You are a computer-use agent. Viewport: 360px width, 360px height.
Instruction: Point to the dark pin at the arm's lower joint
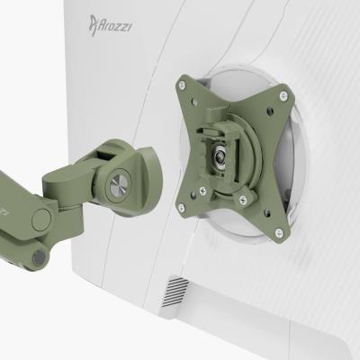coord(38,259)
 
